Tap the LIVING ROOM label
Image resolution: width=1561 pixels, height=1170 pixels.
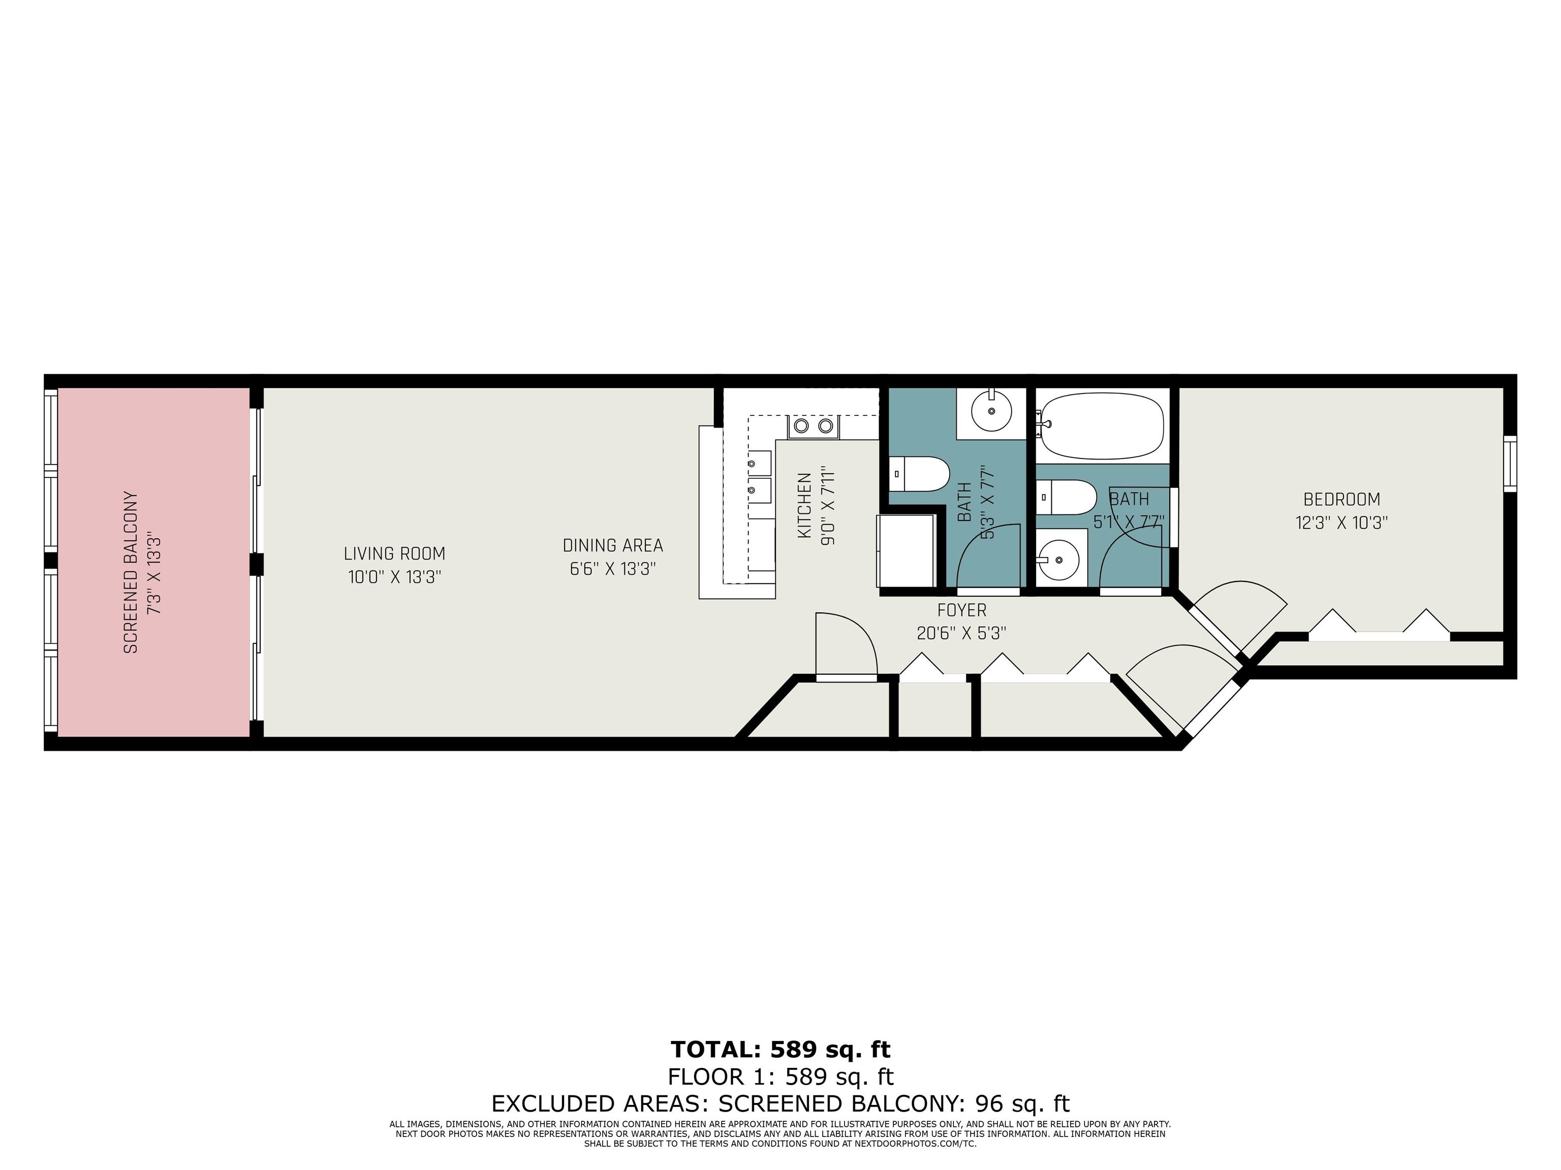[x=394, y=554]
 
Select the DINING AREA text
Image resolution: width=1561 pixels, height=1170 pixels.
[x=612, y=545]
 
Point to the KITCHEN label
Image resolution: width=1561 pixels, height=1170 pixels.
[x=804, y=506]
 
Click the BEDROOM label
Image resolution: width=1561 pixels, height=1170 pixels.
[x=1341, y=499]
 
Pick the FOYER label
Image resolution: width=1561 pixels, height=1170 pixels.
[x=962, y=609]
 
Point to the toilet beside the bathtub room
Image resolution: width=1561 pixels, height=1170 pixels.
[x=1066, y=497]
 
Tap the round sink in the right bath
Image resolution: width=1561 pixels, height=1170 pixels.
[x=1058, y=559]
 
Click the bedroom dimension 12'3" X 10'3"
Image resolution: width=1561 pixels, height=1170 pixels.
[x=1341, y=523]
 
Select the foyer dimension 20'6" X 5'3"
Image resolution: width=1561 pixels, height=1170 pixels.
[x=961, y=633]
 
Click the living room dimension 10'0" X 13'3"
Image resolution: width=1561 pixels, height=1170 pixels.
[x=394, y=577]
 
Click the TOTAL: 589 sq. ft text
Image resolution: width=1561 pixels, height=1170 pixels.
[x=780, y=1050]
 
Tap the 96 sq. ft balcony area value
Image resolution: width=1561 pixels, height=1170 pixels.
[x=1022, y=1103]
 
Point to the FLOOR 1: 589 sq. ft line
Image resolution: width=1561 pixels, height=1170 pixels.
[x=780, y=1077]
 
